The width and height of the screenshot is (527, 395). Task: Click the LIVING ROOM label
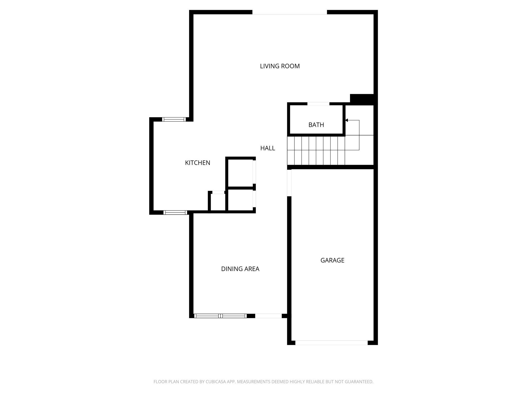click(x=280, y=66)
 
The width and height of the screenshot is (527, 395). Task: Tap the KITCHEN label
click(x=198, y=163)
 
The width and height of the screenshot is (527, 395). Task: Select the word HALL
click(x=268, y=148)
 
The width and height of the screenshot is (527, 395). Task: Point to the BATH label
click(x=316, y=125)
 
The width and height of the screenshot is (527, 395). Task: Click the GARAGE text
click(x=332, y=260)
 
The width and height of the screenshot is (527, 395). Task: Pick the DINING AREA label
click(x=240, y=269)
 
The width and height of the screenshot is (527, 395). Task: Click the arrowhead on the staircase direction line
click(x=347, y=120)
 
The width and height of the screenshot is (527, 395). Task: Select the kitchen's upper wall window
click(x=174, y=119)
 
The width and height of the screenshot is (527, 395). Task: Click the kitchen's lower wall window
click(x=175, y=212)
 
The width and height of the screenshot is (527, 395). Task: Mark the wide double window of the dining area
click(x=220, y=316)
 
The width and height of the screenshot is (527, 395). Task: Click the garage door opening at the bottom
click(x=331, y=343)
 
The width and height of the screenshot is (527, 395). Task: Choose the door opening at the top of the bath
click(x=318, y=104)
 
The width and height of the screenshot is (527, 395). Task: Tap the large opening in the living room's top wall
click(x=289, y=12)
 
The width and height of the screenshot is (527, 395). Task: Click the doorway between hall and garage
click(x=289, y=183)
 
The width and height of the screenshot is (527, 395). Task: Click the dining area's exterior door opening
click(x=268, y=316)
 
